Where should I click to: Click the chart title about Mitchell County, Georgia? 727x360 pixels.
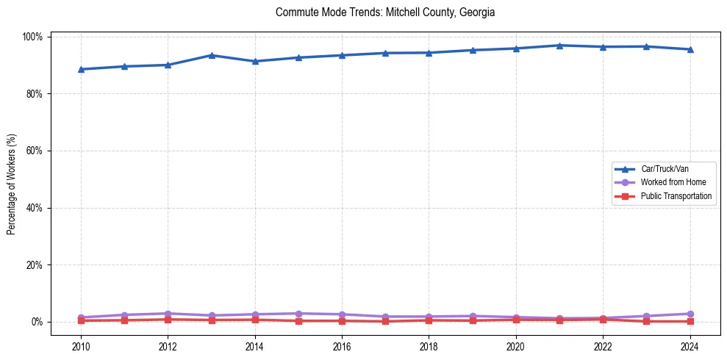[x=385, y=12]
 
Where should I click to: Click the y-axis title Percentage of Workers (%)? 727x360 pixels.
[x=12, y=179]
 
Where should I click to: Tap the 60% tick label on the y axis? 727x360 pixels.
[x=34, y=151]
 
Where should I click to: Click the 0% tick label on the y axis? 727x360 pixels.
[x=36, y=322]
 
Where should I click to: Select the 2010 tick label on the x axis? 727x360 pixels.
[x=81, y=346]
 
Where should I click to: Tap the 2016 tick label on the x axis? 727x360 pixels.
[x=342, y=346]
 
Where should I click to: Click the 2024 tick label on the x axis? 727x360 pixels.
[x=690, y=346]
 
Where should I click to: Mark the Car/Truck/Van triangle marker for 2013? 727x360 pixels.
[x=211, y=55]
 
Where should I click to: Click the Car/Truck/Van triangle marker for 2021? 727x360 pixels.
[x=559, y=46]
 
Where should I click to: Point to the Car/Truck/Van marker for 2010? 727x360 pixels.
[x=81, y=69]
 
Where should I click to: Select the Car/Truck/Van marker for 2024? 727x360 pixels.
[x=690, y=49]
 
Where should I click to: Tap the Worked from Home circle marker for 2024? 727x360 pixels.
[x=690, y=314]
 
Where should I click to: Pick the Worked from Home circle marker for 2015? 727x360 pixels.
[x=298, y=314]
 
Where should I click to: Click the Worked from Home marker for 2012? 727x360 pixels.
[x=168, y=314]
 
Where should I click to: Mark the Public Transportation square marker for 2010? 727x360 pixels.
[x=81, y=320]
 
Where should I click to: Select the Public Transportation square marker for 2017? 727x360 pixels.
[x=385, y=321]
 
